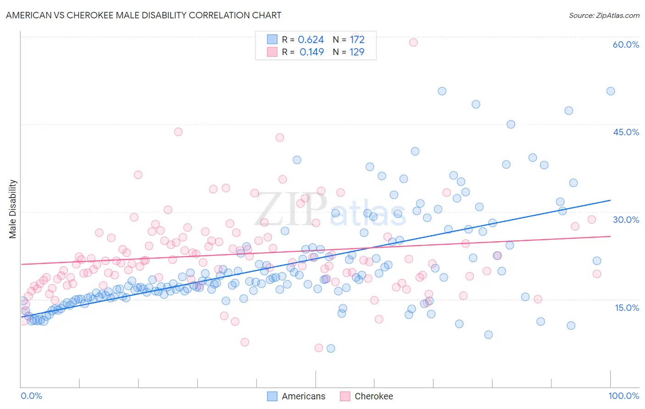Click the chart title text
click(144, 15)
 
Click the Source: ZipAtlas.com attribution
click(604, 15)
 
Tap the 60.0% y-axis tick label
click(626, 44)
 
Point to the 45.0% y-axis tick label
click(626, 132)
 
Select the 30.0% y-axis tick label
click(626, 220)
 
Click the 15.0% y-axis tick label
click(627, 308)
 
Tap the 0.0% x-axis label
click(31, 396)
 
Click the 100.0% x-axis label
click(623, 396)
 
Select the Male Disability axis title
click(13, 209)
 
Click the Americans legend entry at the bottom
click(296, 396)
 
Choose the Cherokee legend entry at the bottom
click(367, 396)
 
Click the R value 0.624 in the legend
click(311, 40)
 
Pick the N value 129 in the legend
click(357, 52)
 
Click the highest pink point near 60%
click(413, 42)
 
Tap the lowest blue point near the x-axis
click(331, 348)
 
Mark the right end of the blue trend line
click(610, 200)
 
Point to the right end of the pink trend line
click(610, 236)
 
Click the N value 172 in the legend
click(357, 40)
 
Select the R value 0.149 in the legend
click(311, 52)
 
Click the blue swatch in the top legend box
click(272, 40)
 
